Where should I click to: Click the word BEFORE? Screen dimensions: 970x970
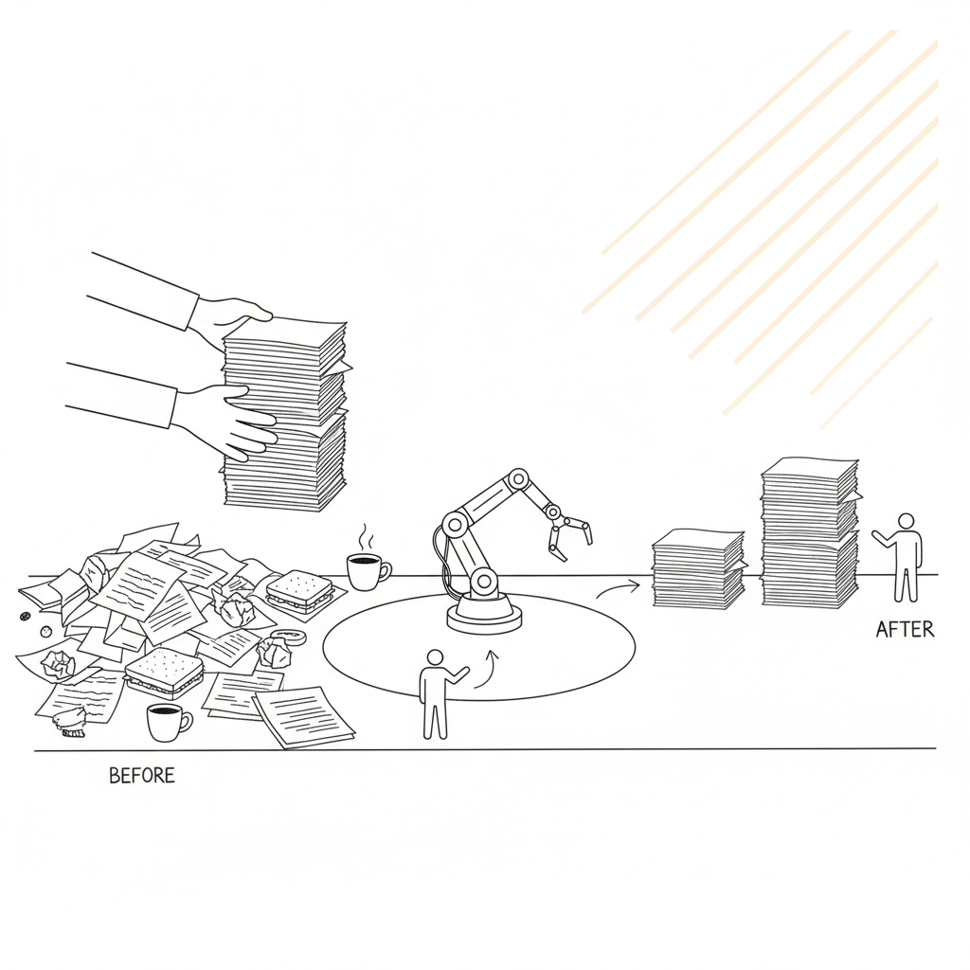[x=142, y=776]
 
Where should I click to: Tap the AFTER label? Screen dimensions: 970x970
[x=905, y=630]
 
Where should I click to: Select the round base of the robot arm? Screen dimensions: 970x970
[x=484, y=616]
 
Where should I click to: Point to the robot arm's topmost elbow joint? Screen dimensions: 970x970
[x=517, y=478]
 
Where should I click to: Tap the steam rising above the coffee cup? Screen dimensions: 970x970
[x=367, y=538]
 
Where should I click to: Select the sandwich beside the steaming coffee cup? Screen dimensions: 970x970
[x=299, y=591]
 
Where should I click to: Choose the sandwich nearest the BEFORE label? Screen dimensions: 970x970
[x=164, y=674]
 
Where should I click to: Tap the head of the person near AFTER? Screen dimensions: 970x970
[x=906, y=522]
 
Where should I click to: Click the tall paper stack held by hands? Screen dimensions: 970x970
[x=284, y=415]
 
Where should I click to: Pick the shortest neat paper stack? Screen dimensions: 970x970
[x=699, y=568]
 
